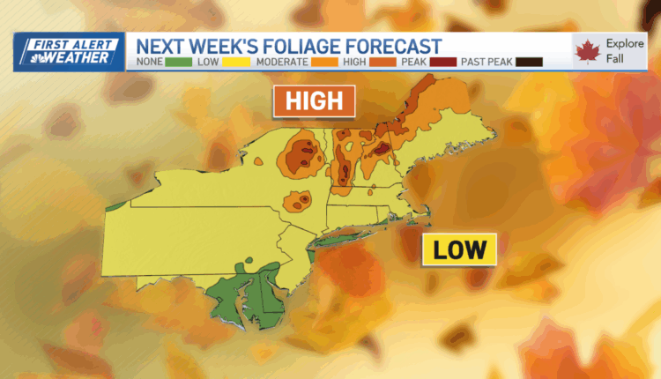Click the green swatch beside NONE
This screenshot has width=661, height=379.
pyautogui.click(x=177, y=63)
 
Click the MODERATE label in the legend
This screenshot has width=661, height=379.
pyautogui.click(x=282, y=63)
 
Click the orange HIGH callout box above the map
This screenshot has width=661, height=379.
pyautogui.click(x=314, y=100)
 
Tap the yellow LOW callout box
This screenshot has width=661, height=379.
pyautogui.click(x=459, y=249)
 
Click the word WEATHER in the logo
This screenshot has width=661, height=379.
pyautogui.click(x=79, y=58)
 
